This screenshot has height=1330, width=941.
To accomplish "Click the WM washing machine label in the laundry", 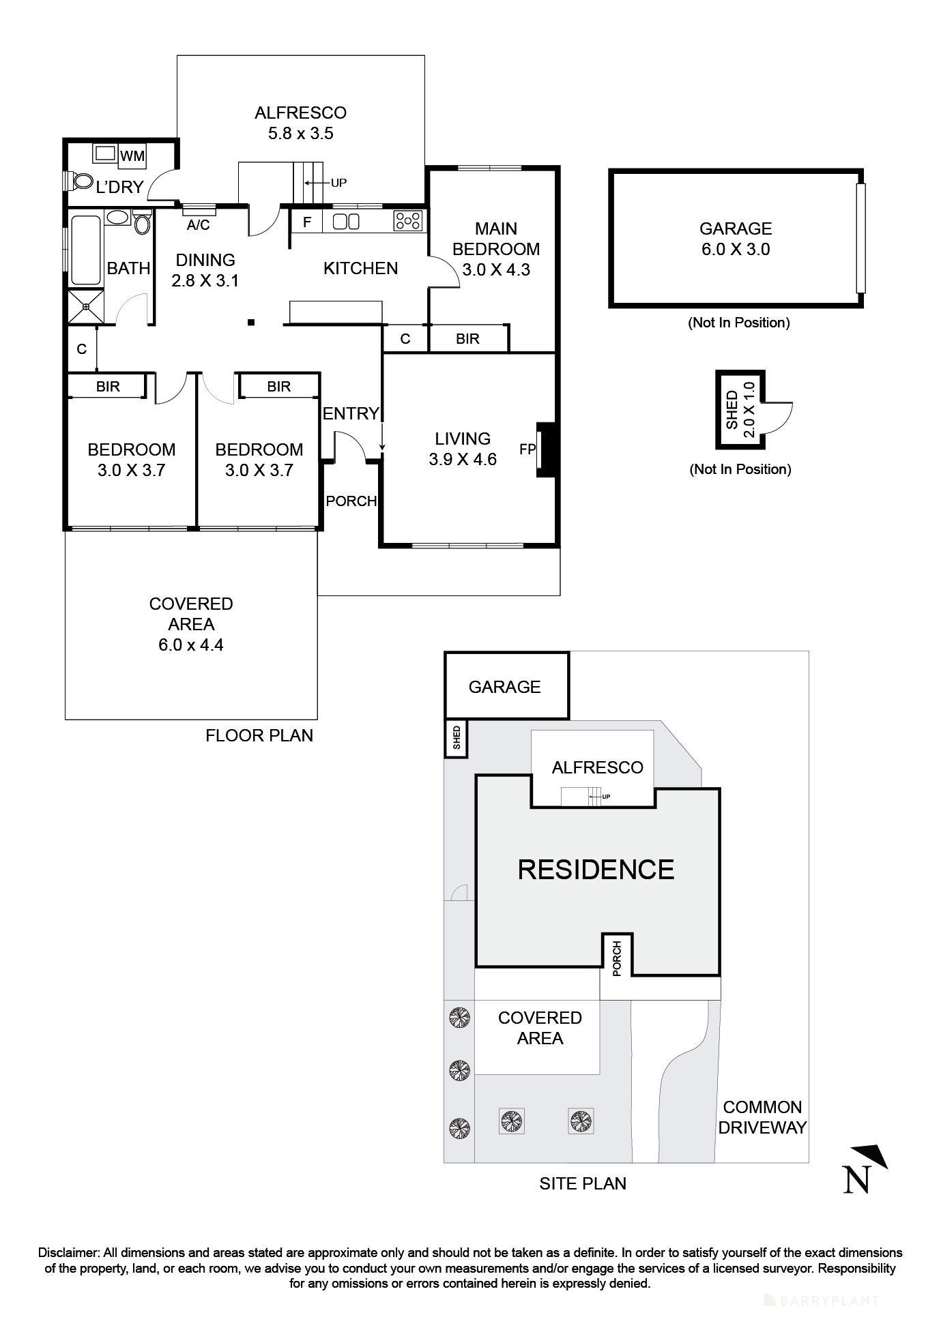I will (132, 156).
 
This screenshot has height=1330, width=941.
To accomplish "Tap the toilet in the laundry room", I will (82, 181).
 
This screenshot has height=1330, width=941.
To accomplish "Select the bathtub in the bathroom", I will (85, 250).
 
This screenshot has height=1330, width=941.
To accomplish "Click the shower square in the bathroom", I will (86, 307).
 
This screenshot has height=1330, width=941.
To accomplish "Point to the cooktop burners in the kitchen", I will (408, 220).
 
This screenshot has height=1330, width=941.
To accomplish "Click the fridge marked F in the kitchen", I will (307, 222).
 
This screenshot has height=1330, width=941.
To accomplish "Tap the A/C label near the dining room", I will (198, 225).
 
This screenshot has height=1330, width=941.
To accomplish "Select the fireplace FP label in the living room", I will (527, 449).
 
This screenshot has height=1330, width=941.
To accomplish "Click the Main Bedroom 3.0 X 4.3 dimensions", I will (496, 269).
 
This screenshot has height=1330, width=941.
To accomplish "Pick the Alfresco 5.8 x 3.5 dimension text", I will (300, 133).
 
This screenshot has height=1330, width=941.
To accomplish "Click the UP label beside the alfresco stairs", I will (338, 183).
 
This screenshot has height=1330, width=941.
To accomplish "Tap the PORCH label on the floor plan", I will (351, 501).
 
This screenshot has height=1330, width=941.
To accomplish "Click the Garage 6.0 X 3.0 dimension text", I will (736, 249).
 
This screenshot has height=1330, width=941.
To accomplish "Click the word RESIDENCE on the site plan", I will (596, 870).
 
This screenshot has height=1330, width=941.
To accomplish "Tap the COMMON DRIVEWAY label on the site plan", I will (762, 1117).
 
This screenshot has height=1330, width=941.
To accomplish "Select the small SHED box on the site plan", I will (457, 739).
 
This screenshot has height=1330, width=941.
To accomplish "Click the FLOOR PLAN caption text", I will (259, 735).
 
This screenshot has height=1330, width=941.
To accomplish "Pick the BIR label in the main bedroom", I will (467, 338).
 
